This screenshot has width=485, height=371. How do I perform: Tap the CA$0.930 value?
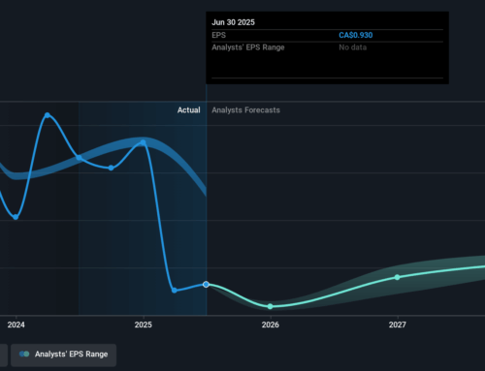[x=357, y=35]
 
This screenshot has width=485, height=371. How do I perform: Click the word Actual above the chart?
[x=188, y=110]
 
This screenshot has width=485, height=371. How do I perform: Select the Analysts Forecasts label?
[x=246, y=110]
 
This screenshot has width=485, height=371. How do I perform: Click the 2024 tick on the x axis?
[x=16, y=325]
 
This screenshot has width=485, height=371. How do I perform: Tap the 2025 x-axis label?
[x=143, y=325]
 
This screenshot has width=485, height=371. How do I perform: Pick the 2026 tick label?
[x=270, y=325]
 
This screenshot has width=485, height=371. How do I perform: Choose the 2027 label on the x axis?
[x=397, y=325]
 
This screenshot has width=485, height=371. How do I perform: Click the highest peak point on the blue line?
[x=47, y=115]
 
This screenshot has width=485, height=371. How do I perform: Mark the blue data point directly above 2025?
[x=143, y=142]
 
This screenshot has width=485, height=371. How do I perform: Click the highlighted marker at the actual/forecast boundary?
[x=206, y=284]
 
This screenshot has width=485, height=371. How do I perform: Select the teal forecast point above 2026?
[x=270, y=306]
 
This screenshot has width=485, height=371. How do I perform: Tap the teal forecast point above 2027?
[x=397, y=277]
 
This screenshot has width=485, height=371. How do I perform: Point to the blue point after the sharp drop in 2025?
[x=174, y=290]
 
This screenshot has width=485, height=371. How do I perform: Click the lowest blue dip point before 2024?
[x=16, y=217]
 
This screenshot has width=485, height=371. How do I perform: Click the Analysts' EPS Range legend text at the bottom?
[x=73, y=356]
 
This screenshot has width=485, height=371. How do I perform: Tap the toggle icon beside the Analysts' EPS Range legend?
[x=24, y=356]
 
